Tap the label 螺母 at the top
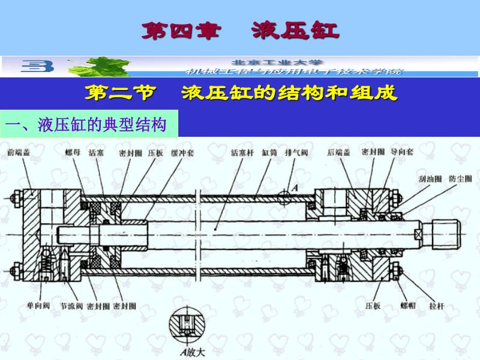point(73,152)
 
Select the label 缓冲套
point(182,152)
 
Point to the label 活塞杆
point(243,152)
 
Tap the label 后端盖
point(339,152)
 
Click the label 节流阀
point(71,305)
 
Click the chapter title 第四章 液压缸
point(240,30)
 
